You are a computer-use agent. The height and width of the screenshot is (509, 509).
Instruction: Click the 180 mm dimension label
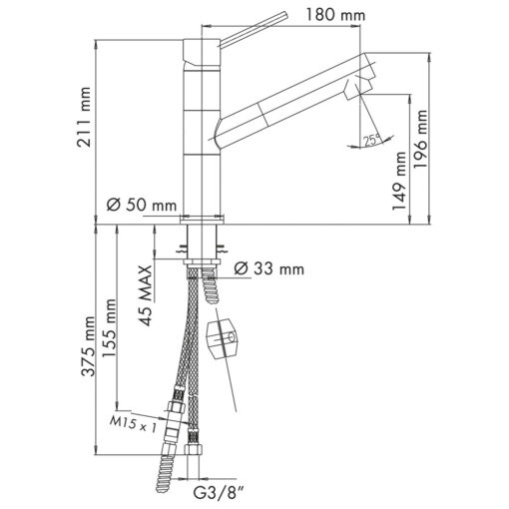tap(335, 15)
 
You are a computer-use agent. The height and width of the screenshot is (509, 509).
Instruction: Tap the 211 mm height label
tap(83, 117)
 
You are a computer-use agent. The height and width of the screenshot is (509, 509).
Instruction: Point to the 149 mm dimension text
tap(399, 181)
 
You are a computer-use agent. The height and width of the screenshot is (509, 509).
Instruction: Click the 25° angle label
tap(372, 140)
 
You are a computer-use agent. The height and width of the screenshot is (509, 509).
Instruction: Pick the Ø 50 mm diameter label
tap(142, 205)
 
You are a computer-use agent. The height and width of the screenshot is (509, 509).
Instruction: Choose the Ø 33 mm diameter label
tap(269, 268)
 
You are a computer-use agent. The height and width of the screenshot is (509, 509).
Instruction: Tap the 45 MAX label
tap(146, 295)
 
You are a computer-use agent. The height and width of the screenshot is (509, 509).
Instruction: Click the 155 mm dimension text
tap(109, 328)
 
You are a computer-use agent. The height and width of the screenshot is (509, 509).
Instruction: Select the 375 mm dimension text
tap(89, 346)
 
